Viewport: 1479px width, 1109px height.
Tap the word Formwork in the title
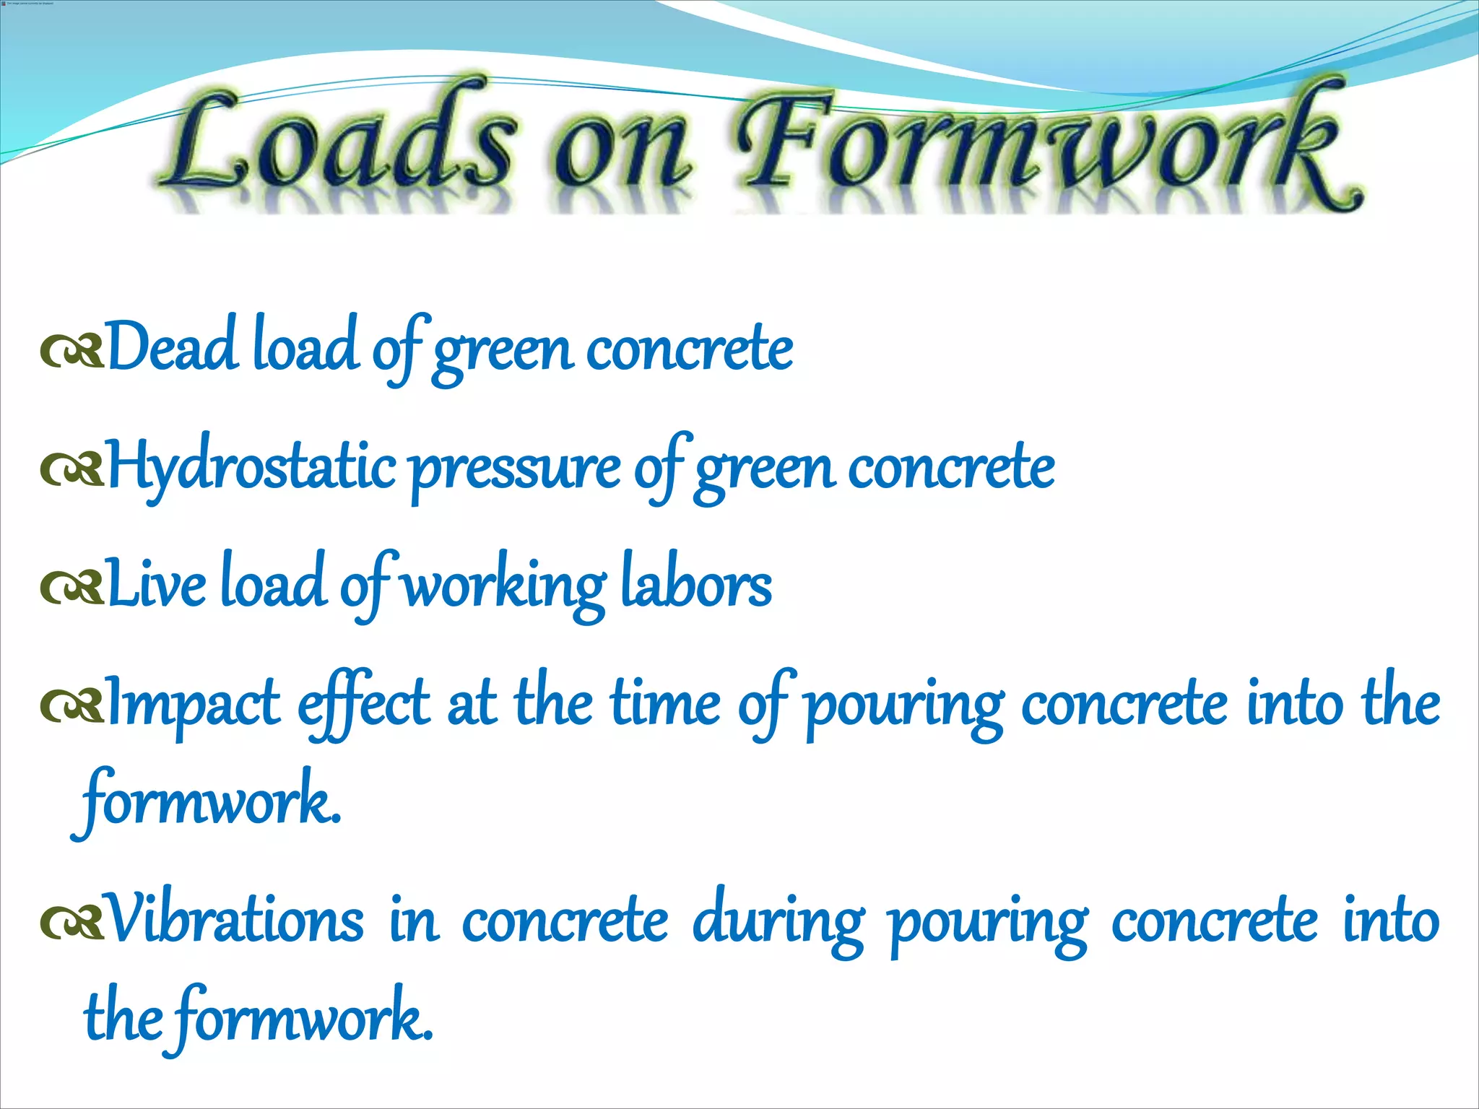(x=1047, y=148)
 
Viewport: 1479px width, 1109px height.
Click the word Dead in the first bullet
(x=172, y=347)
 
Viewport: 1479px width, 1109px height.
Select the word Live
(x=156, y=585)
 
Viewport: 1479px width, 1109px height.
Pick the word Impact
(x=194, y=705)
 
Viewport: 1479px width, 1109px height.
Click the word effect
(x=364, y=705)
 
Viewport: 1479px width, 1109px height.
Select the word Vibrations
(x=234, y=920)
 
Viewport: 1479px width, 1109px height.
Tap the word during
(x=778, y=923)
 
